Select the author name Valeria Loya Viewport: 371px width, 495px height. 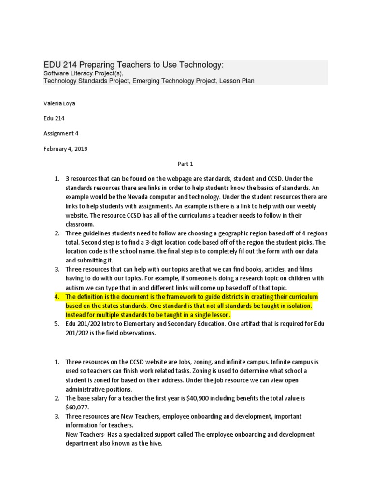coord(60,103)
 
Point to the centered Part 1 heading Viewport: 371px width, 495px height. coord(185,164)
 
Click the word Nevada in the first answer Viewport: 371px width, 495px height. coord(139,197)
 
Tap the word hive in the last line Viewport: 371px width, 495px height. coord(155,443)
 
